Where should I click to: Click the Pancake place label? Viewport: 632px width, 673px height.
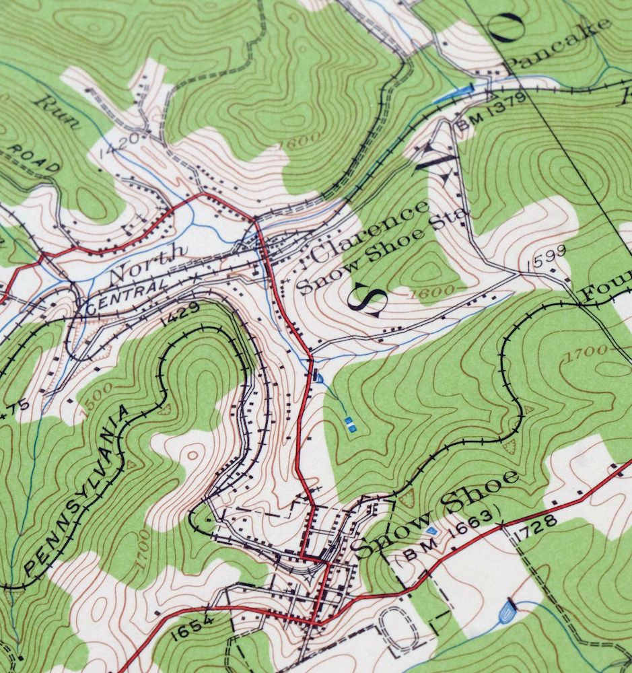[559, 44]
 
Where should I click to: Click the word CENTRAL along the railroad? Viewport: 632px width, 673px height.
[125, 297]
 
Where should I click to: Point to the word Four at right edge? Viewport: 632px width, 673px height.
[606, 283]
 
